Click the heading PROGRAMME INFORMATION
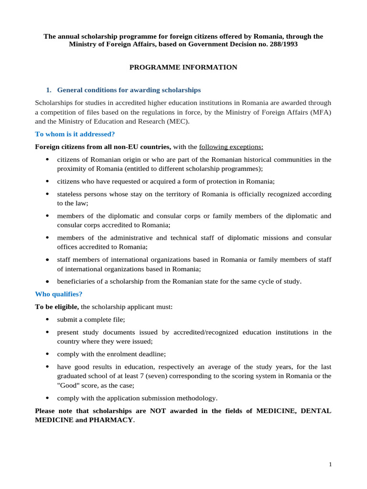pyautogui.click(x=183, y=67)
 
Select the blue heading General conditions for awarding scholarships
pyautogui.click(x=129, y=90)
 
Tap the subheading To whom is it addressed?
pyautogui.click(x=75, y=134)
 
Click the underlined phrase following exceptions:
pyautogui.click(x=231, y=147)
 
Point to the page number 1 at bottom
pyautogui.click(x=330, y=465)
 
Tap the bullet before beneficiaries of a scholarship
pyautogui.click(x=47, y=281)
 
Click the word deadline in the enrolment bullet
pyautogui.click(x=151, y=354)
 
